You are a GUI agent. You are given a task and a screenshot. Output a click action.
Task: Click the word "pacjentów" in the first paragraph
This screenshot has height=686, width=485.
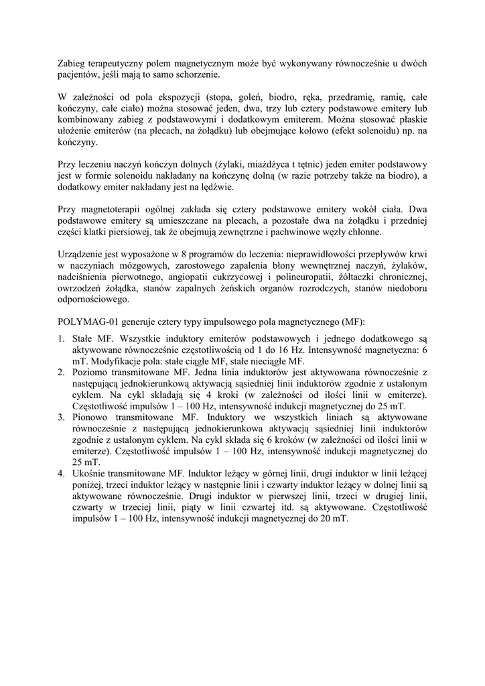click(77, 74)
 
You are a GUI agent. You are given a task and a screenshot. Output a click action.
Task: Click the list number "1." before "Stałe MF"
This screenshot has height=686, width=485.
click(61, 339)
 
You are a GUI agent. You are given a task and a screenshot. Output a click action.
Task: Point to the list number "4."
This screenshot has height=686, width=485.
click(61, 473)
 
